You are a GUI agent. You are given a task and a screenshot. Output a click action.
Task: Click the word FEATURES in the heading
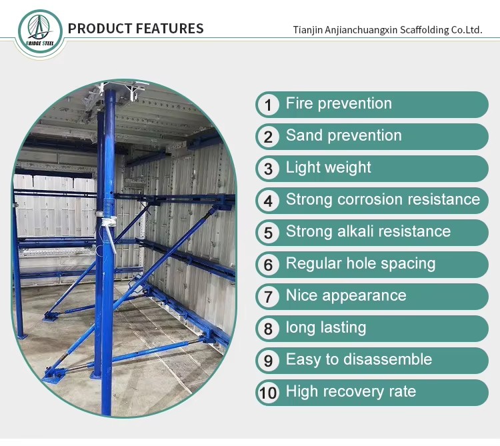click(170, 29)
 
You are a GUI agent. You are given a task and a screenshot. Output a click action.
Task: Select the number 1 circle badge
click(268, 105)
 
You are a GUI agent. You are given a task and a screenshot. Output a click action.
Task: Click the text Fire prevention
click(339, 103)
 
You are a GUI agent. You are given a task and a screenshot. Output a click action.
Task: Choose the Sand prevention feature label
click(344, 135)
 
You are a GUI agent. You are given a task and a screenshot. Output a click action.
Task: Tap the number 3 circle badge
click(268, 169)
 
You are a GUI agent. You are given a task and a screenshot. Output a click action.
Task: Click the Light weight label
click(329, 168)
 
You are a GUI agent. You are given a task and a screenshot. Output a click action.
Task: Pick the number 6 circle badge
click(268, 265)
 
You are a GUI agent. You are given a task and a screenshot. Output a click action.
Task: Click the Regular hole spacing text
click(361, 263)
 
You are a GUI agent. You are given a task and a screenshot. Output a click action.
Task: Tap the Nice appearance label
click(346, 295)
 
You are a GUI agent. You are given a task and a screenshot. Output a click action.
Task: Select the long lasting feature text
click(326, 327)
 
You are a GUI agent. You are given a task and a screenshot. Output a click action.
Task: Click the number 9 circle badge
click(268, 361)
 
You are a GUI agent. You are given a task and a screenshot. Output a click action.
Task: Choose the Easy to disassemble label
click(359, 359)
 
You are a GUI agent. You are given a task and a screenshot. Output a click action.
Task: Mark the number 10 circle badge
click(268, 393)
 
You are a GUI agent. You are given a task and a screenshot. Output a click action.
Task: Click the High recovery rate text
click(351, 391)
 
